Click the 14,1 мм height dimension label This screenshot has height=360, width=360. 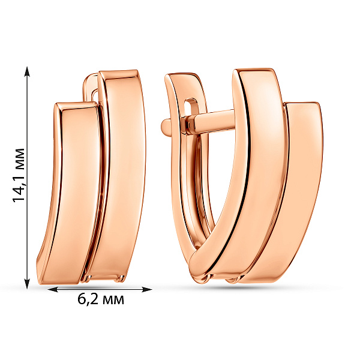[19, 175]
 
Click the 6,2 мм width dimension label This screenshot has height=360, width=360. [101, 299]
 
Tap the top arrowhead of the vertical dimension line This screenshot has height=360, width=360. [28, 71]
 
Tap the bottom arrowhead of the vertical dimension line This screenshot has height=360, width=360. [28, 284]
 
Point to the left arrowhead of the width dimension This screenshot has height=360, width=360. [53, 289]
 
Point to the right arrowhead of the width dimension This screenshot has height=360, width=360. [147, 289]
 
